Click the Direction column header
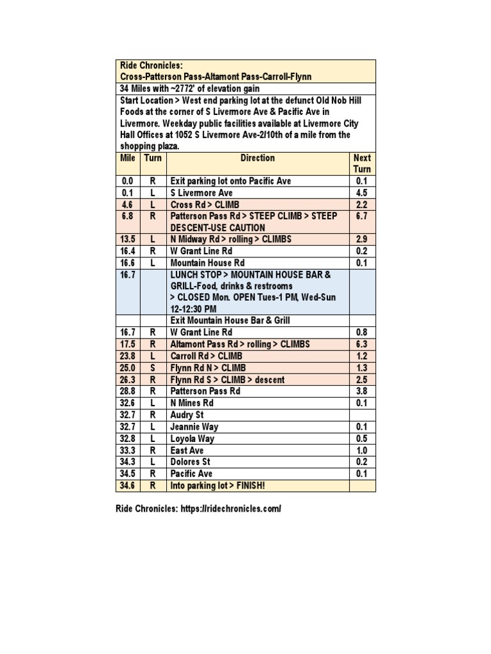[258, 158]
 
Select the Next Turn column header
[362, 163]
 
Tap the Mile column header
[128, 158]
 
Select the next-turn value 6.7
[362, 216]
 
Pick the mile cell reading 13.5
[128, 239]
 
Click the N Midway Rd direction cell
[231, 239]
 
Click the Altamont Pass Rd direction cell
[240, 344]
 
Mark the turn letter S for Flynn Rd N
[153, 368]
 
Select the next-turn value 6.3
[362, 344]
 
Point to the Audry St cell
[187, 414]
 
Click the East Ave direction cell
[187, 450]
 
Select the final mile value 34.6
[128, 485]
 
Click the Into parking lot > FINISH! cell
[218, 485]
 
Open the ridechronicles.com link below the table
[240, 508]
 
